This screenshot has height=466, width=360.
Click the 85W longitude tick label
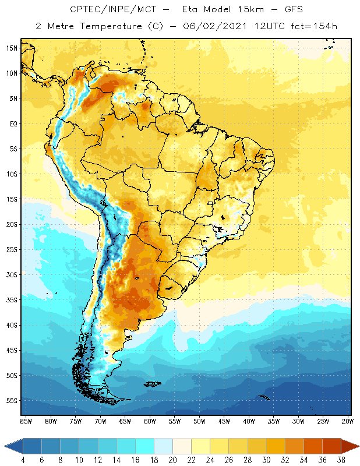click(x=26, y=421)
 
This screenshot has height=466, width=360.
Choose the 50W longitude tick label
click(x=200, y=421)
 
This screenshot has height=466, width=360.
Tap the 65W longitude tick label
click(x=125, y=421)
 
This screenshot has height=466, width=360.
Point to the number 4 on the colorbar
click(x=23, y=460)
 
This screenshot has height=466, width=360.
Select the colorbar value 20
click(x=172, y=460)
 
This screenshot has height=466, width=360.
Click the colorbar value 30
click(x=266, y=460)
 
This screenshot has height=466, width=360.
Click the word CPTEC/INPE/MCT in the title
click(x=108, y=10)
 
